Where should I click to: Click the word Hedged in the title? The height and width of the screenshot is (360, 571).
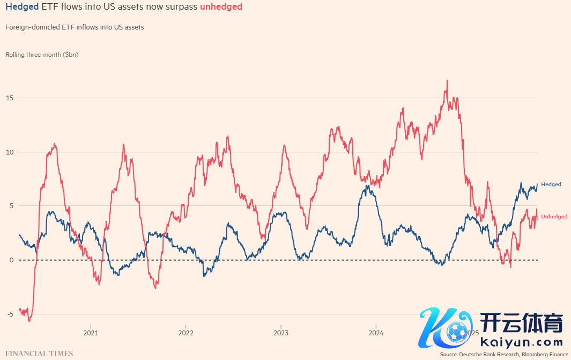pyautogui.click(x=22, y=7)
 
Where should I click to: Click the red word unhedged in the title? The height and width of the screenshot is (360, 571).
pyautogui.click(x=221, y=7)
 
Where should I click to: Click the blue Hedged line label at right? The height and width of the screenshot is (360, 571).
pyautogui.click(x=551, y=185)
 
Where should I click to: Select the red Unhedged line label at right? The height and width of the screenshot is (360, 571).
pyautogui.click(x=554, y=217)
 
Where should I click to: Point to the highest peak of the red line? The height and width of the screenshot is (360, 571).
pyautogui.click(x=447, y=81)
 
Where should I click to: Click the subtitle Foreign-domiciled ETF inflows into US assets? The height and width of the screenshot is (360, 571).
pyautogui.click(x=75, y=27)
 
